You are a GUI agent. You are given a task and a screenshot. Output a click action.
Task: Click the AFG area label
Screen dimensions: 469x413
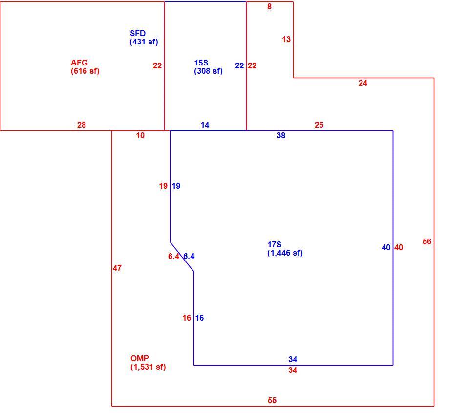click(85, 67)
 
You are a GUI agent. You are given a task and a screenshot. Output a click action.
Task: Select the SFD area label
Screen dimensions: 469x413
click(144, 38)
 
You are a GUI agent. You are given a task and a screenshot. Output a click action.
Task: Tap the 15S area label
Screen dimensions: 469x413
click(208, 67)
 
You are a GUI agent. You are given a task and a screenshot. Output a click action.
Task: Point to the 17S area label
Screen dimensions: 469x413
click(285, 249)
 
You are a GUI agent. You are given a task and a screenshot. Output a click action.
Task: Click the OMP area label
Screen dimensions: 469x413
click(148, 363)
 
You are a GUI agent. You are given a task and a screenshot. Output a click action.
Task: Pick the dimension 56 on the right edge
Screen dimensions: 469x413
click(427, 241)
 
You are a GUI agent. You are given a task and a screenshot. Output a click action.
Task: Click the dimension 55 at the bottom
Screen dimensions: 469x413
click(272, 400)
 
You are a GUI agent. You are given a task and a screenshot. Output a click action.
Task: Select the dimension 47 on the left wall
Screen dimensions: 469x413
click(117, 268)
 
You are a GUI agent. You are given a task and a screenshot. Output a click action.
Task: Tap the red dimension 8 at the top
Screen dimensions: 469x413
click(270, 6)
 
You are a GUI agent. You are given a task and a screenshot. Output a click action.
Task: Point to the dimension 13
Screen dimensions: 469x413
click(286, 39)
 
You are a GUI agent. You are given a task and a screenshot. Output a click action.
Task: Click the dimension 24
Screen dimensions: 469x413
click(363, 83)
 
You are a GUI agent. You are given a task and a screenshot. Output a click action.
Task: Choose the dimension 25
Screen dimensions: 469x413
click(319, 125)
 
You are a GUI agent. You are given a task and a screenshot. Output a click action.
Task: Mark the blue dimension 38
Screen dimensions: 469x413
click(281, 135)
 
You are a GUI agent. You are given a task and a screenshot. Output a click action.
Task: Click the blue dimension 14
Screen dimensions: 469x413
click(205, 125)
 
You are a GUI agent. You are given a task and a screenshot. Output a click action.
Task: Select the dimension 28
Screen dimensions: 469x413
click(82, 125)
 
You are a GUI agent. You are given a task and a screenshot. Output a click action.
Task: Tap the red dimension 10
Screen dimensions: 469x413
click(140, 135)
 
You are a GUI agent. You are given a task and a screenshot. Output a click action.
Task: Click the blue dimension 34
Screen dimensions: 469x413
click(293, 359)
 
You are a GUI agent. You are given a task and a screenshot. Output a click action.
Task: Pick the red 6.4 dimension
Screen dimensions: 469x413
click(173, 256)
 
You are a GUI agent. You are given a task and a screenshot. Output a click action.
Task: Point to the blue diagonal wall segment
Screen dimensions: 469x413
click(182, 257)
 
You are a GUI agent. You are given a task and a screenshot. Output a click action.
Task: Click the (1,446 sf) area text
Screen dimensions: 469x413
click(285, 253)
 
